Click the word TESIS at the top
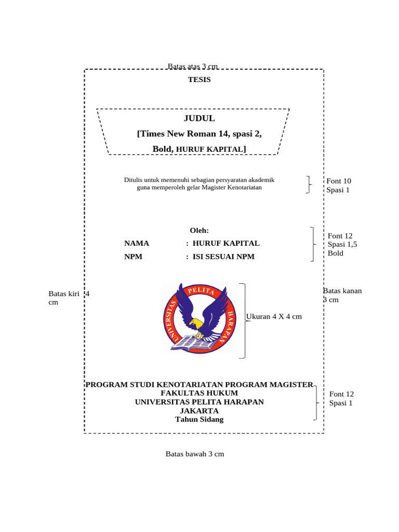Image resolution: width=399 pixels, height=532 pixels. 199,79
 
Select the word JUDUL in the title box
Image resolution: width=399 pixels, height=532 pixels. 199,118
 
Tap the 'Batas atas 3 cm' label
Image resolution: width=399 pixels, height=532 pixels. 192,66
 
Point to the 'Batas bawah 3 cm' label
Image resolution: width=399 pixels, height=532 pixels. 195,454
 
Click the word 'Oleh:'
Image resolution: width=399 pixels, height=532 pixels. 199,230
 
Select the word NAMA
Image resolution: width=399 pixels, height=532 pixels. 137,243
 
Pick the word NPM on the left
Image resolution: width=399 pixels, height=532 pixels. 133,257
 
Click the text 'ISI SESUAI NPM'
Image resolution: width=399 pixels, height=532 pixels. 223,257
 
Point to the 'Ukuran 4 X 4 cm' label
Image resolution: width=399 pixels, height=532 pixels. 274,316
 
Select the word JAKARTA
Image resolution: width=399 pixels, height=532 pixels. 199,410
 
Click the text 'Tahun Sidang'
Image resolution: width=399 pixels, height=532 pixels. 199,419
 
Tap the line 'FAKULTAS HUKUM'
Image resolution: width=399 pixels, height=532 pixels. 199,393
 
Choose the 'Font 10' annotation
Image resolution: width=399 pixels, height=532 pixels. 339,181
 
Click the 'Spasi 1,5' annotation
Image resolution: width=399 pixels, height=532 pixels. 342,244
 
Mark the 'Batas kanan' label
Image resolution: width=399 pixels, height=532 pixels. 343,291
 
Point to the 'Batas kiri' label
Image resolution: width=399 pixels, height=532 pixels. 64,294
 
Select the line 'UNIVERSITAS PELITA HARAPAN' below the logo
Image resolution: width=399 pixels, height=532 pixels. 199,402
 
